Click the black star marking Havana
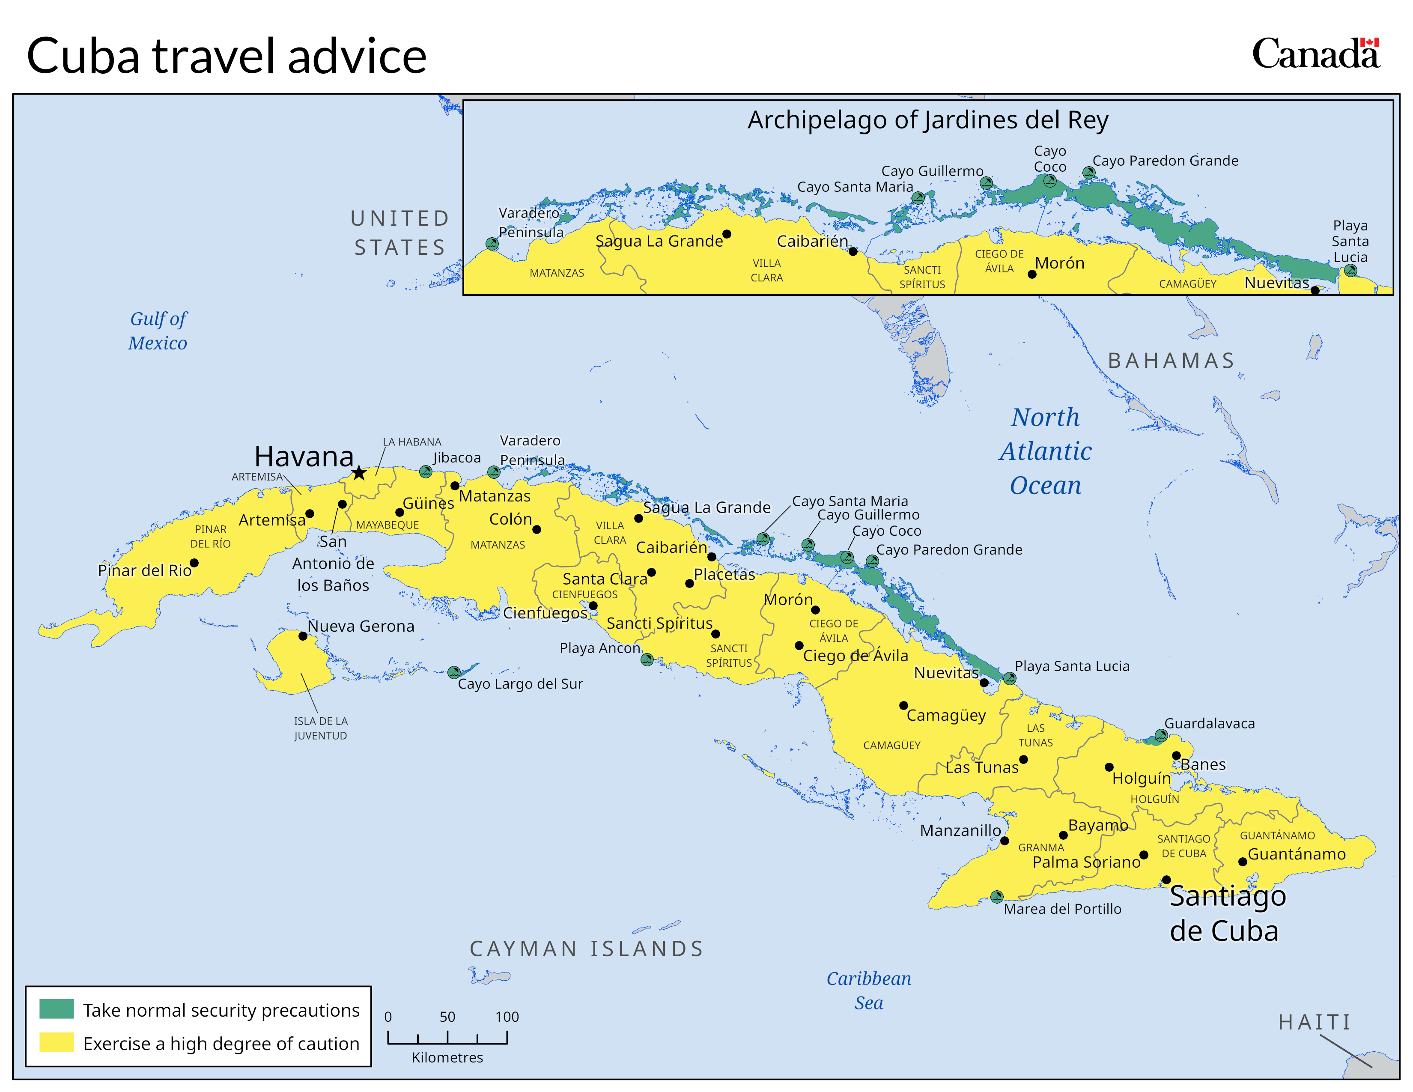(x=359, y=473)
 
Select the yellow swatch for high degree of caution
(x=56, y=1042)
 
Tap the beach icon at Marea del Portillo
(x=997, y=897)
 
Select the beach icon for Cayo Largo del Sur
(x=454, y=672)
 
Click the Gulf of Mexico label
(x=158, y=331)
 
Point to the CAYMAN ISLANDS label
(x=586, y=949)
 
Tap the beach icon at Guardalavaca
(x=1161, y=736)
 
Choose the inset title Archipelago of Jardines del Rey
(x=928, y=120)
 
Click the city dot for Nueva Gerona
(x=303, y=636)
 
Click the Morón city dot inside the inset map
(x=1032, y=274)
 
